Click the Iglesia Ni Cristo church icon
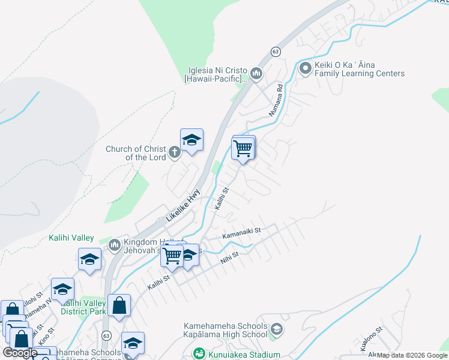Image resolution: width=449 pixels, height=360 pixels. [257, 74]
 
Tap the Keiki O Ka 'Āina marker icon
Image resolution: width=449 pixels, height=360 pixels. [305, 68]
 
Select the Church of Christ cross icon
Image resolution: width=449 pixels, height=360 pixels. [174, 152]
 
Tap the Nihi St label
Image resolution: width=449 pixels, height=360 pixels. [229, 256]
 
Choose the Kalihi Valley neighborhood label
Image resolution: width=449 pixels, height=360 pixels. [71, 238]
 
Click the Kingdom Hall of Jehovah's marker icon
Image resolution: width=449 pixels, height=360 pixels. [115, 245]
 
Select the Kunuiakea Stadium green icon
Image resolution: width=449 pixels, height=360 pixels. [197, 354]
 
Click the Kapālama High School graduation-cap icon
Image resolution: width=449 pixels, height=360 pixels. [276, 329]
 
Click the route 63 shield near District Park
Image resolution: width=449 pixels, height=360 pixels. [106, 335]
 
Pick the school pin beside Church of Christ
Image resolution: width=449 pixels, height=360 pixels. [191, 140]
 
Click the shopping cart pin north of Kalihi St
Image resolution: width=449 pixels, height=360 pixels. [243, 148]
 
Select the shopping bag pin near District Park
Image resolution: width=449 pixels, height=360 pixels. [119, 305]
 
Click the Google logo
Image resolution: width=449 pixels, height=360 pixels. [20, 353]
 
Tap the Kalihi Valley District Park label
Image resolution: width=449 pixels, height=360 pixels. [83, 307]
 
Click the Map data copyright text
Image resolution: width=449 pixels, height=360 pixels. [411, 355]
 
